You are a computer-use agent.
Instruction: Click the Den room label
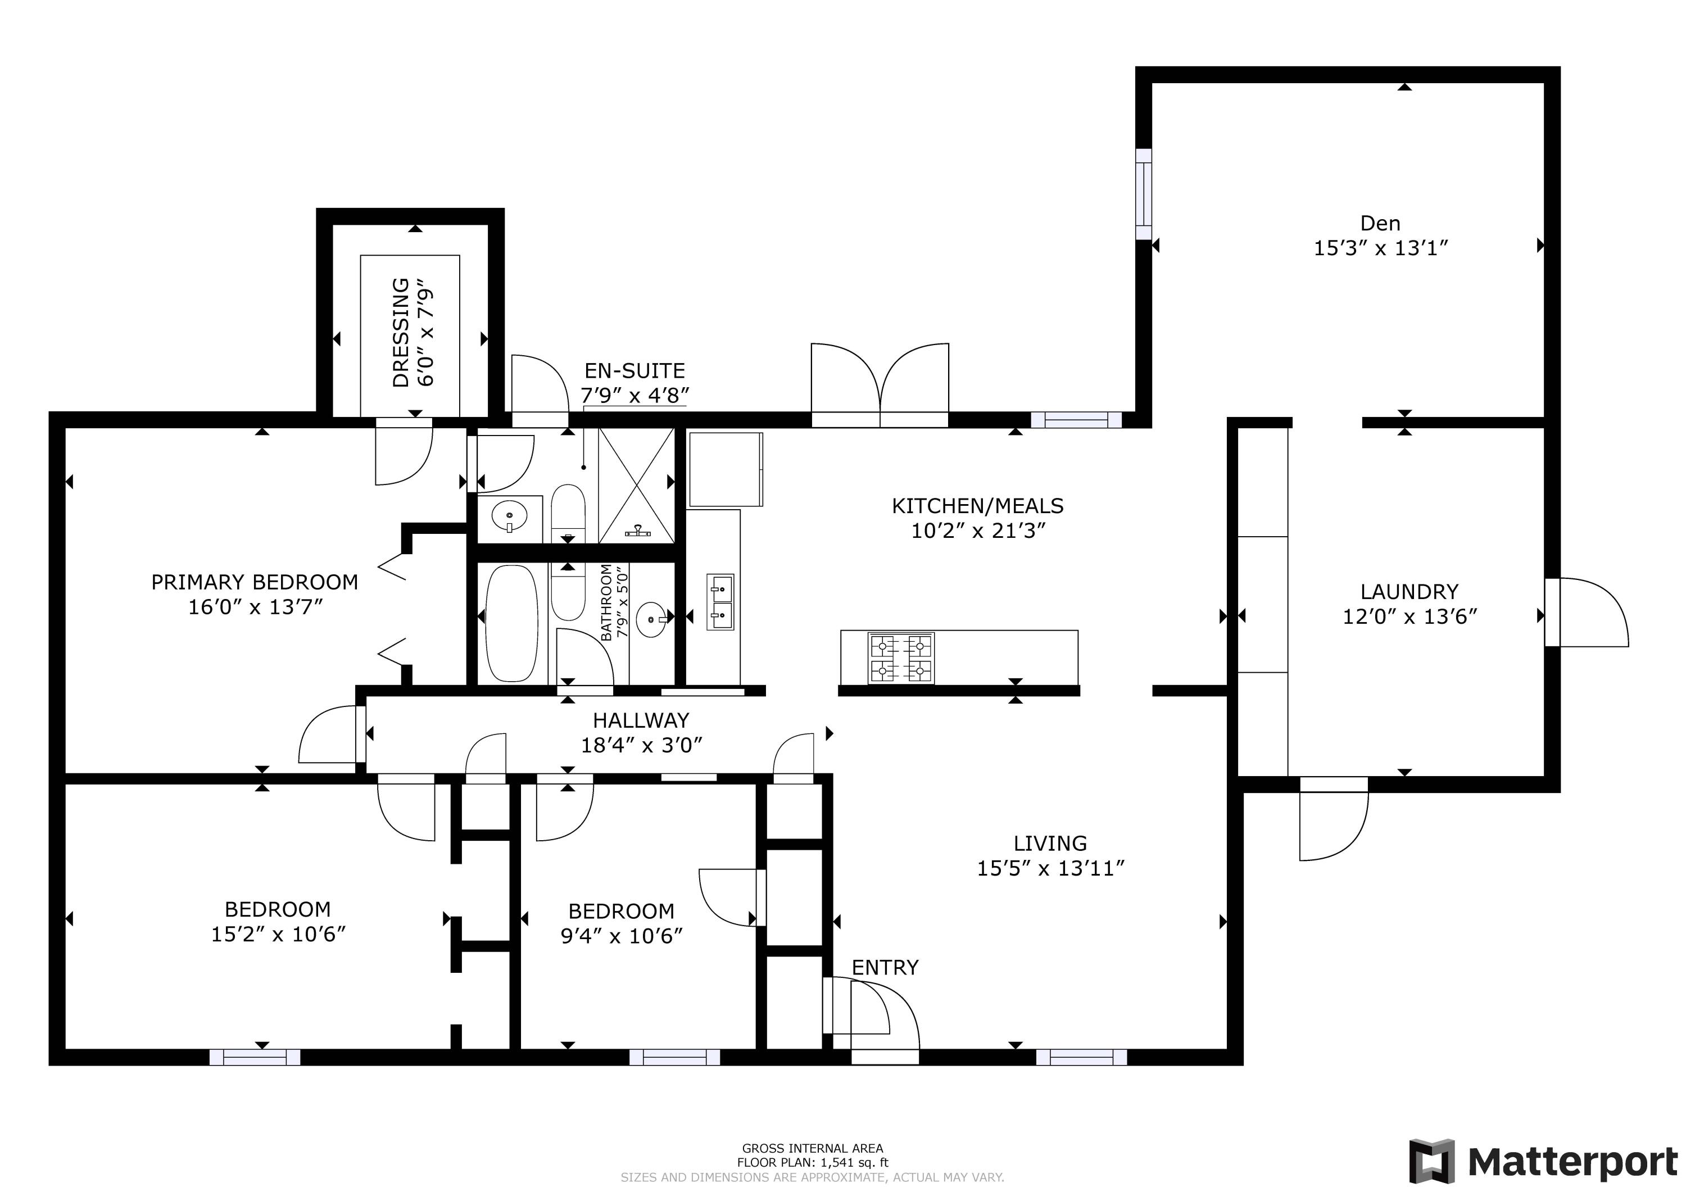pyautogui.click(x=1380, y=223)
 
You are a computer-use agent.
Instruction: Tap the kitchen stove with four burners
pyautogui.click(x=901, y=658)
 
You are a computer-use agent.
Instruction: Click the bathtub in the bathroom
pyautogui.click(x=513, y=623)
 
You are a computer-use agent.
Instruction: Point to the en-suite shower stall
pyautogui.click(x=636, y=486)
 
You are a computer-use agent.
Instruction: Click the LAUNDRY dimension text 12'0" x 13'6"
pyautogui.click(x=1409, y=617)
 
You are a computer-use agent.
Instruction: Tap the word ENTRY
pyautogui.click(x=885, y=968)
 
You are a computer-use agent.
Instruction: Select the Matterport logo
pyautogui.click(x=1543, y=1161)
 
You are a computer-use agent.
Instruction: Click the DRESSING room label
pyautogui.click(x=400, y=332)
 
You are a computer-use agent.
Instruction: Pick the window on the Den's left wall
pyautogui.click(x=1143, y=194)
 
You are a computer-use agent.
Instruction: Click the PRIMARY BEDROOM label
pyautogui.click(x=254, y=582)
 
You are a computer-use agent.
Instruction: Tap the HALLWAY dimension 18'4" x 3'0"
pyautogui.click(x=641, y=745)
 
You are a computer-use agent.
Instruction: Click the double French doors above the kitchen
pyautogui.click(x=880, y=386)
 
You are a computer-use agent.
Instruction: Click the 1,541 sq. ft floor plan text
pyautogui.click(x=812, y=1163)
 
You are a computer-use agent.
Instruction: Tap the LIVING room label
pyautogui.click(x=1049, y=843)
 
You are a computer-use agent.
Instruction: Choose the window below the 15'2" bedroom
pyautogui.click(x=255, y=1058)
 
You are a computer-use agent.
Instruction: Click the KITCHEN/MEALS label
pyautogui.click(x=977, y=505)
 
